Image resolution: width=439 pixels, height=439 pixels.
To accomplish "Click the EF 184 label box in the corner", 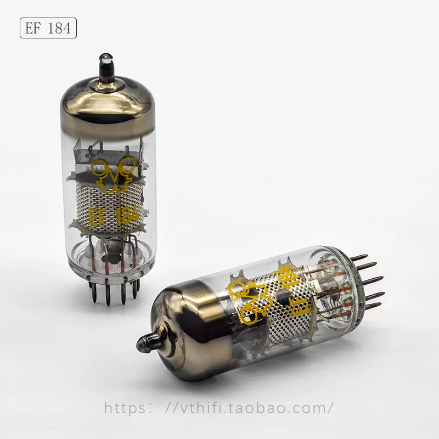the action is (x=48, y=28).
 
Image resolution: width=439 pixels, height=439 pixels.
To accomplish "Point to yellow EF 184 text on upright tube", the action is (x=114, y=216).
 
